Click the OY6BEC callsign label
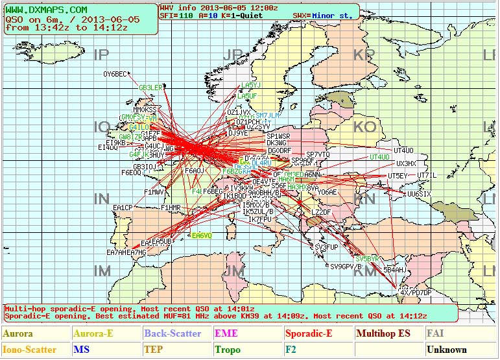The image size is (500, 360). (115, 74)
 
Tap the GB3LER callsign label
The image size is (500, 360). (150, 88)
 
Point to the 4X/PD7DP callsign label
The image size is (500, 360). (415, 293)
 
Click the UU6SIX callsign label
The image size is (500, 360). (419, 194)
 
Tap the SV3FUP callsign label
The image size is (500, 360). (326, 247)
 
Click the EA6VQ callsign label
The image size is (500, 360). (202, 235)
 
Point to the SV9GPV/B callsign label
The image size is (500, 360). (346, 267)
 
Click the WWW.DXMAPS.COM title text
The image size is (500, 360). (46, 10)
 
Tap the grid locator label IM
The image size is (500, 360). (102, 270)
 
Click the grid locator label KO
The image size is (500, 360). (364, 127)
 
